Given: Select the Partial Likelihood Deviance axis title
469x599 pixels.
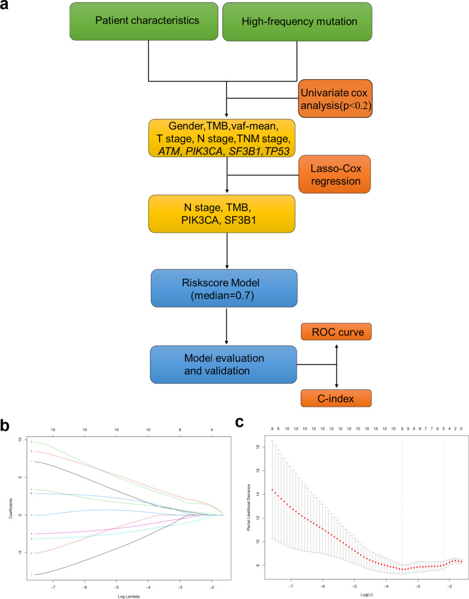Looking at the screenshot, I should click(x=250, y=507).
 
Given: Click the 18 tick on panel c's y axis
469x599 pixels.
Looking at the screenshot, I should click(x=257, y=446).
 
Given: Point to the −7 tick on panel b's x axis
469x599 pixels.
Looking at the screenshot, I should click(x=53, y=586).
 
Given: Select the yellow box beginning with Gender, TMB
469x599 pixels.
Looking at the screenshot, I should click(x=225, y=139).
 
